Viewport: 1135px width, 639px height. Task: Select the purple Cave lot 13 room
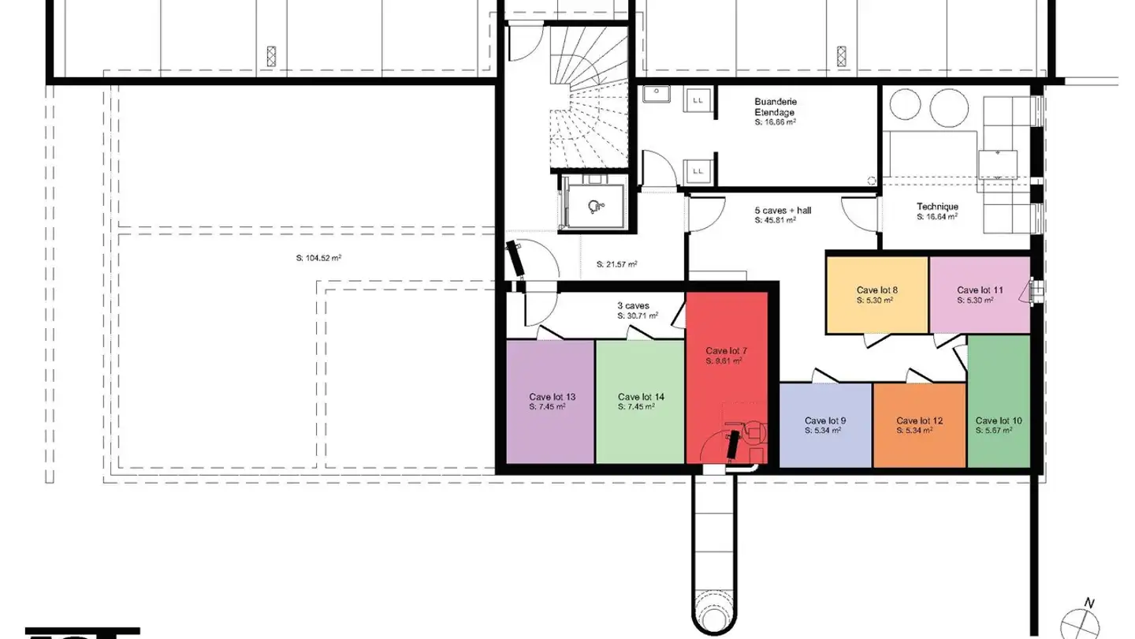(x=549, y=426)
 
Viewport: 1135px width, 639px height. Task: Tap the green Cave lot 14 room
(x=639, y=426)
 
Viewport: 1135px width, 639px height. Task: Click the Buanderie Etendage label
(x=776, y=107)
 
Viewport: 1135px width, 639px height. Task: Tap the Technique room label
(x=937, y=207)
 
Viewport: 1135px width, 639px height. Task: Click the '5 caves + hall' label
(x=782, y=211)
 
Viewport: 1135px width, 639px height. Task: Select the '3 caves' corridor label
(x=633, y=305)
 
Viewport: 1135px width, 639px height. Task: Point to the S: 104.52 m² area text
(x=318, y=257)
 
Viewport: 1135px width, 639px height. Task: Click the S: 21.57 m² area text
(x=617, y=263)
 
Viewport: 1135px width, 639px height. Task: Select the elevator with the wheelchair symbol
(x=596, y=204)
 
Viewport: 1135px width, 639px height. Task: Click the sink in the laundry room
(x=654, y=95)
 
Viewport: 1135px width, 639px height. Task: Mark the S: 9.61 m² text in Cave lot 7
(x=724, y=361)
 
